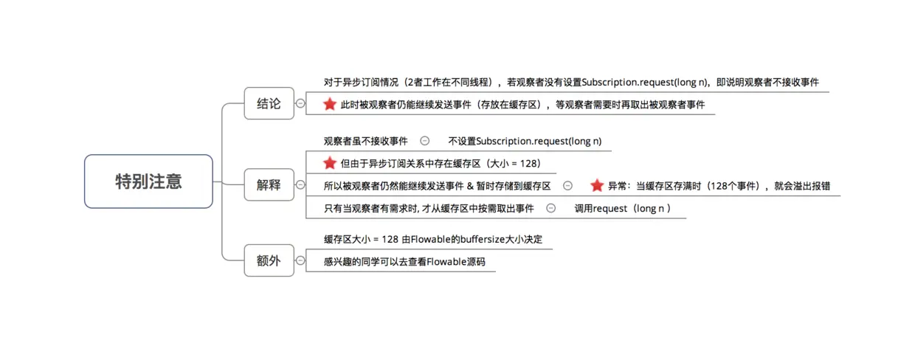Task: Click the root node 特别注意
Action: click(148, 181)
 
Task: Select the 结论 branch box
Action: click(269, 104)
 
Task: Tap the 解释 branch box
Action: click(269, 185)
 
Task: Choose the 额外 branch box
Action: click(269, 260)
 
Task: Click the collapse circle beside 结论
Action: click(300, 104)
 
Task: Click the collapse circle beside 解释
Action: click(300, 185)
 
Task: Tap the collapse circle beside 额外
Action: click(300, 260)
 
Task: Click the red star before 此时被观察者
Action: click(330, 104)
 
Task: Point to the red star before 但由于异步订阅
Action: click(330, 163)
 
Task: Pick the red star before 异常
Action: click(597, 185)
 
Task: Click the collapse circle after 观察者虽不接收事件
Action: click(425, 141)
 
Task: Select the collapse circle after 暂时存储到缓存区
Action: click(567, 185)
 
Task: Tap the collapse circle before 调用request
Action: click(550, 208)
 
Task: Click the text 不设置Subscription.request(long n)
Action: click(529, 141)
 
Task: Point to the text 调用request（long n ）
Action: click(623, 208)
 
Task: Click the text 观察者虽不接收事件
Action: click(365, 141)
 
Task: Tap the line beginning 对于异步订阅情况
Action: click(571, 82)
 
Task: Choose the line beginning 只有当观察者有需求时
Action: click(429, 208)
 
